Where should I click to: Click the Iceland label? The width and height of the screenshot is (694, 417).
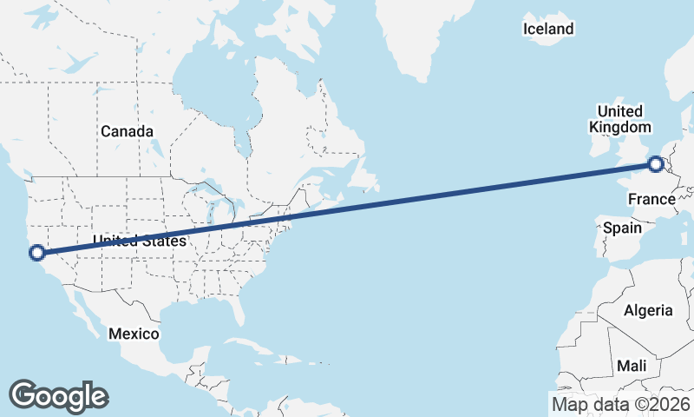(x=548, y=30)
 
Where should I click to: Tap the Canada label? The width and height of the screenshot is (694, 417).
(x=127, y=131)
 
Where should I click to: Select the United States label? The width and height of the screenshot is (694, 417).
(x=140, y=241)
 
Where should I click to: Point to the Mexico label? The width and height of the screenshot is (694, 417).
(x=134, y=334)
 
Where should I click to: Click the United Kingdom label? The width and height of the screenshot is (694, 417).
(x=619, y=119)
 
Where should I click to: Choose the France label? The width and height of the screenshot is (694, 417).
(x=651, y=200)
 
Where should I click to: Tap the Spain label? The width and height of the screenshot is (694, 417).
(x=622, y=228)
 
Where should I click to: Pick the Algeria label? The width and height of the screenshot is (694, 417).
(x=648, y=310)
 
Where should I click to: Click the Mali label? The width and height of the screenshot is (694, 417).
(x=632, y=366)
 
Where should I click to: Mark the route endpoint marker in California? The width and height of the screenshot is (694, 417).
(x=36, y=253)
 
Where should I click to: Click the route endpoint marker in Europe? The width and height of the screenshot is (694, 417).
(x=656, y=162)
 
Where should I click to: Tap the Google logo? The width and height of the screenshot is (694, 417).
(x=58, y=395)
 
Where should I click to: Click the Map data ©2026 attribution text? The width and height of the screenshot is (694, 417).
(x=621, y=404)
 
